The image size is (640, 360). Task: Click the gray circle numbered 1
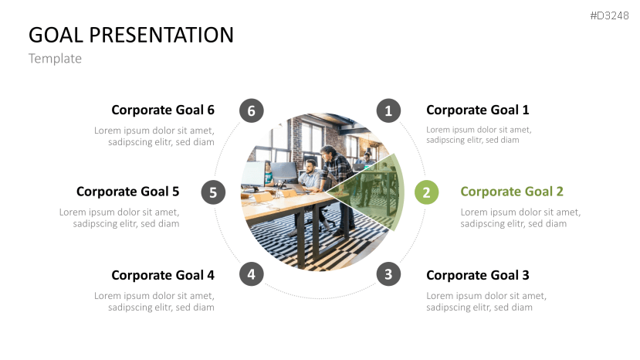(x=388, y=110)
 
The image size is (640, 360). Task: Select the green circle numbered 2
(x=426, y=192)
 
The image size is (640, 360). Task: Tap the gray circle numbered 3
(x=388, y=273)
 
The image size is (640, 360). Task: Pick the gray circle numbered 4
(x=251, y=273)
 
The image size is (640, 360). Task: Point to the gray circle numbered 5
(x=213, y=192)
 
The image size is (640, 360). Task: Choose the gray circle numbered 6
(x=251, y=110)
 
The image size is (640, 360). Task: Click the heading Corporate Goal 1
(x=477, y=110)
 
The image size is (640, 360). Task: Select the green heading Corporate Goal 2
(x=511, y=192)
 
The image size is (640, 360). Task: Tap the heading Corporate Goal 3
(x=477, y=275)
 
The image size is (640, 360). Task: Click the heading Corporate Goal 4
(x=163, y=275)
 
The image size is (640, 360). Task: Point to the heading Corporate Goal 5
(x=127, y=192)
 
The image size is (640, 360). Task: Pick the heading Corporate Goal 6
(x=163, y=110)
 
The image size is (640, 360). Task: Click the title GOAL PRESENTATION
(x=131, y=35)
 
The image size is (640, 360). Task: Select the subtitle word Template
(x=55, y=58)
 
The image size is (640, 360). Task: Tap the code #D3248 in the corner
(x=610, y=15)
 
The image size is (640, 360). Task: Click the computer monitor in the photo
(x=283, y=173)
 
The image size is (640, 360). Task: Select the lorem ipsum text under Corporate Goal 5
(x=120, y=218)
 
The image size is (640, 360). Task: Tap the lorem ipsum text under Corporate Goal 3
(x=486, y=301)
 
